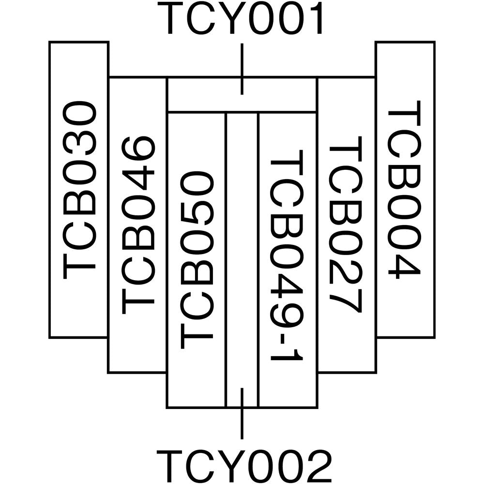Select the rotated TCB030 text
(79, 190)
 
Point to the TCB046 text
(138, 225)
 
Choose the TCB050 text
(196, 260)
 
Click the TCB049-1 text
(287, 260)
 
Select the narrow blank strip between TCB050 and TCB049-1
(242, 252)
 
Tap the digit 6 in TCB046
(138, 151)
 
